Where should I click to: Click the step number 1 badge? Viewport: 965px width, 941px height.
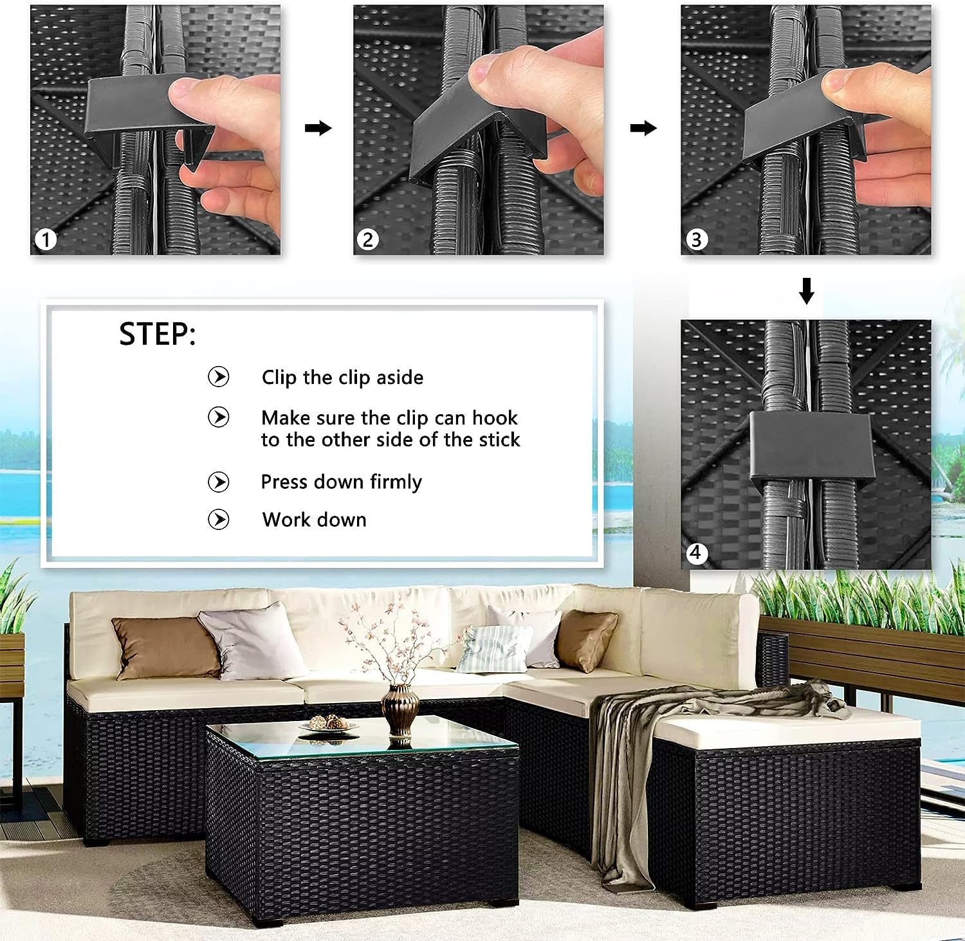click(x=46, y=240)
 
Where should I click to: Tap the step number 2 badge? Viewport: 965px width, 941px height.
click(x=368, y=240)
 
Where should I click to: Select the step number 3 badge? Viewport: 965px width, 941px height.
click(x=695, y=240)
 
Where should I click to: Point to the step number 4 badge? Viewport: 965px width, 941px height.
click(x=695, y=553)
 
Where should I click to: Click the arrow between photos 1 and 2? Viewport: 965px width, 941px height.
click(x=318, y=128)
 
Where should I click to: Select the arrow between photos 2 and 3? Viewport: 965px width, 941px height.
click(x=643, y=128)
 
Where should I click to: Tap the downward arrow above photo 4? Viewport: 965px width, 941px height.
click(x=807, y=291)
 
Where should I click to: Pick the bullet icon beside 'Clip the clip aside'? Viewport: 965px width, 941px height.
click(x=219, y=376)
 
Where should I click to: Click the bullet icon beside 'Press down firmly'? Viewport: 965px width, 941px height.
click(x=219, y=482)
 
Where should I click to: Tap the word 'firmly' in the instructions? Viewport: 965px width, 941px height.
click(x=396, y=482)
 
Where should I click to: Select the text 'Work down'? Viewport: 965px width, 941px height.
click(x=315, y=520)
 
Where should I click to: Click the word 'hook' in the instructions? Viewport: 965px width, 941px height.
click(x=495, y=418)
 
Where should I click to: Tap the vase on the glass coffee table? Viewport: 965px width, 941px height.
click(x=400, y=710)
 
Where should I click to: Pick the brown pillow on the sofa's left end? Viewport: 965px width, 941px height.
click(x=167, y=648)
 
